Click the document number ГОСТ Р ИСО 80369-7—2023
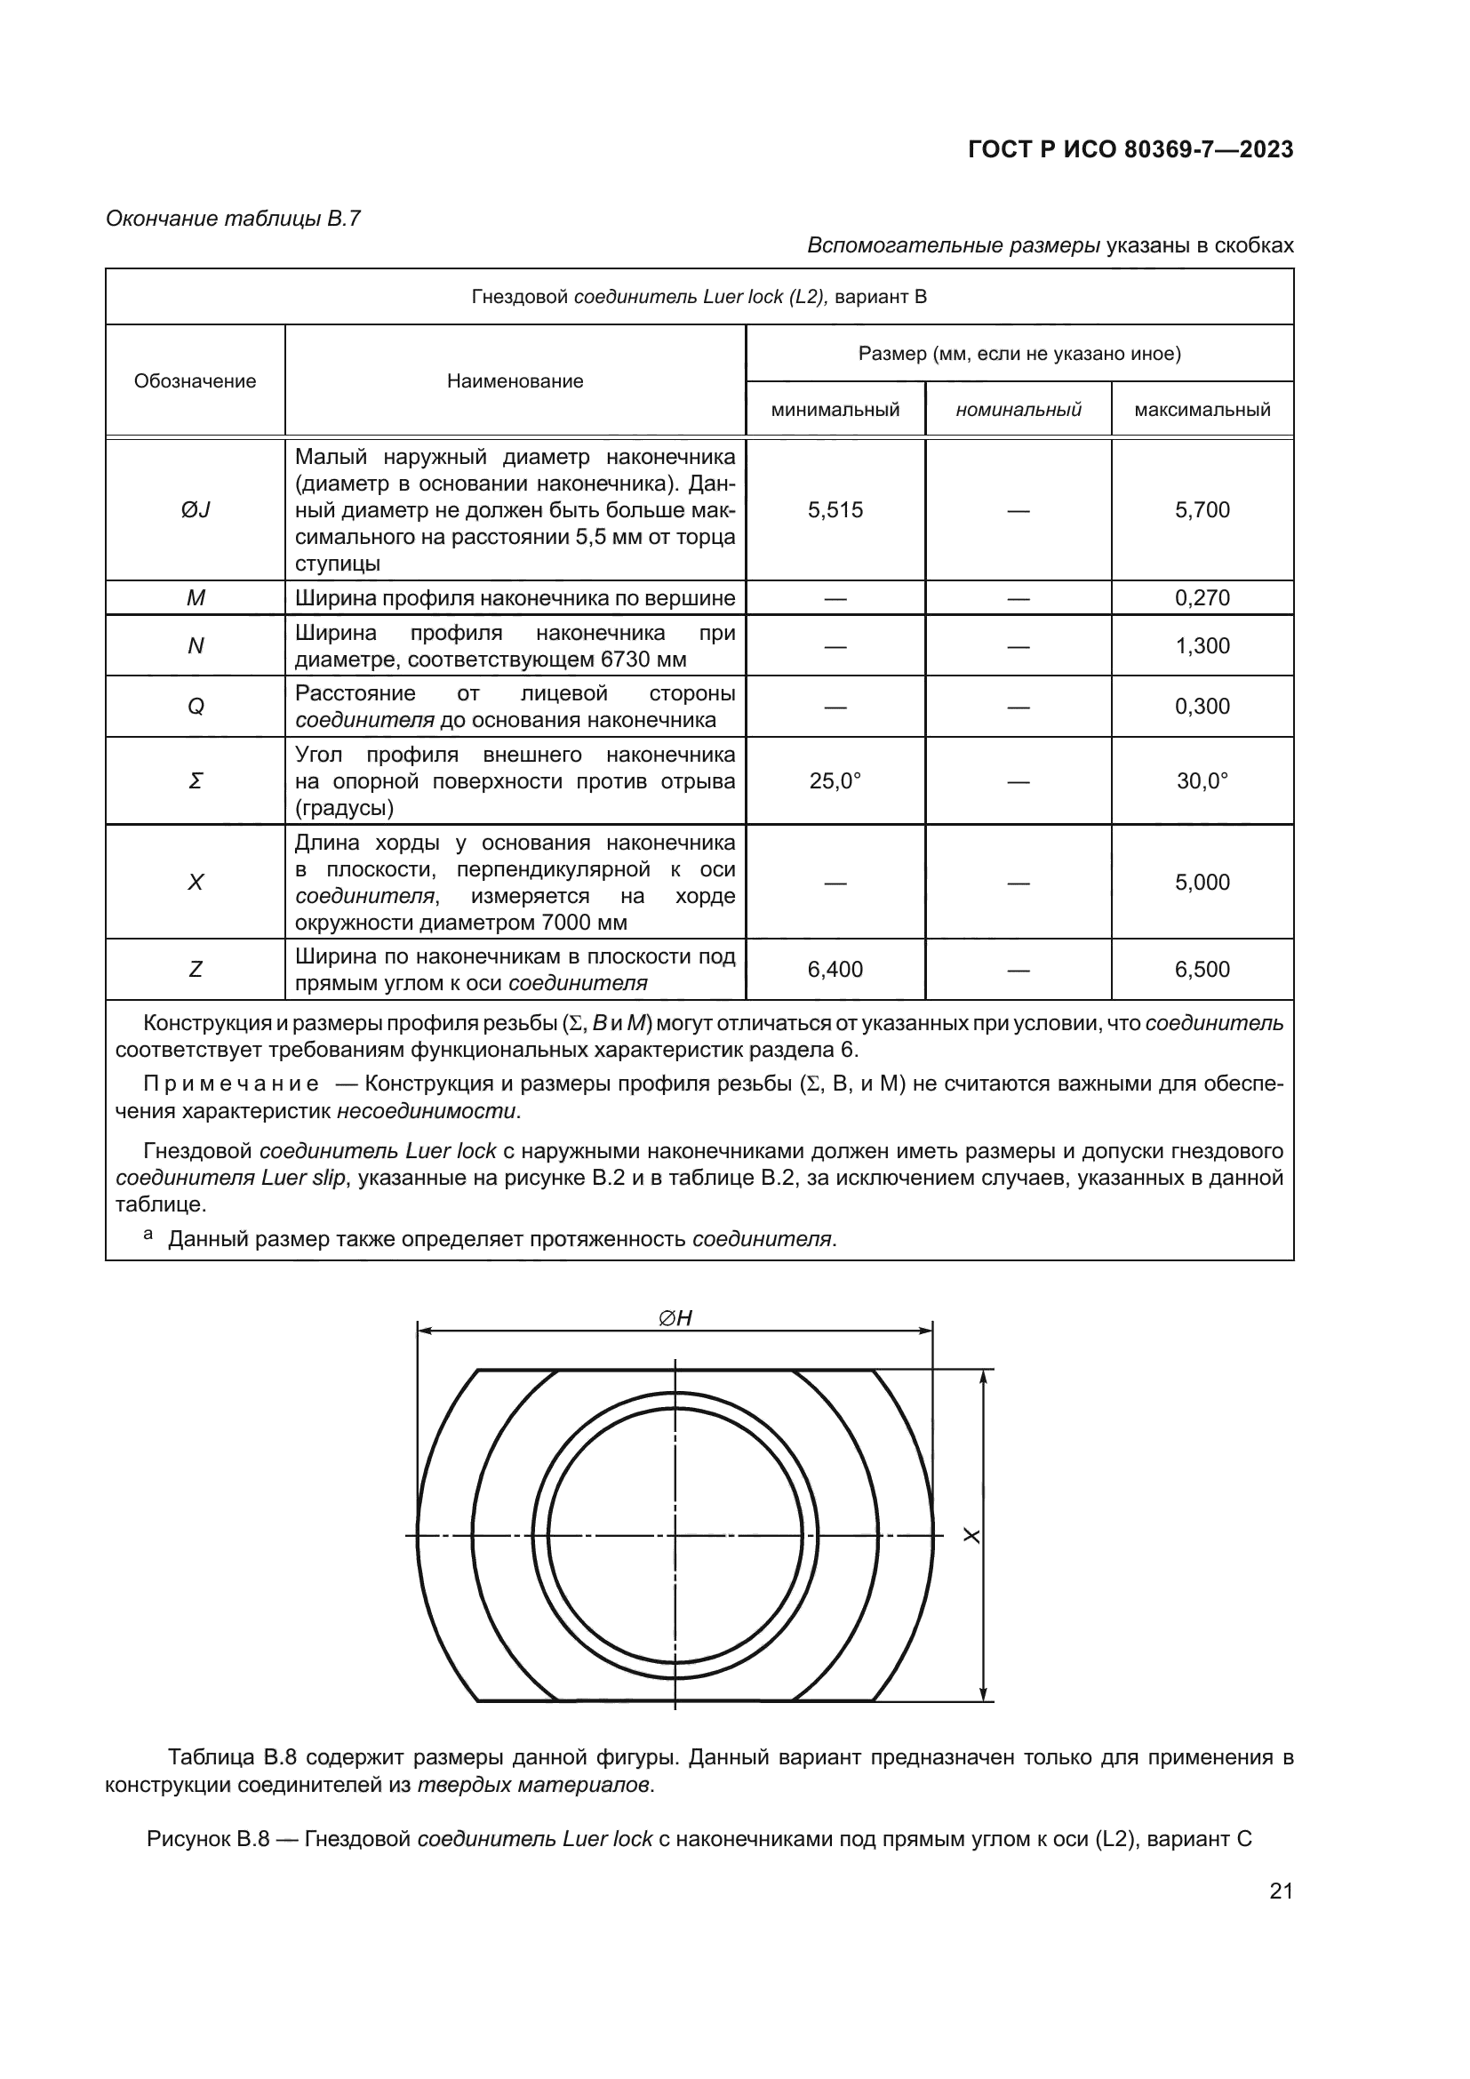[x=1130, y=149]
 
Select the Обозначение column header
[x=195, y=381]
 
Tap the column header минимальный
[x=835, y=410]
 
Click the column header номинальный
[x=1018, y=410]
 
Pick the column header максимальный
[x=1202, y=410]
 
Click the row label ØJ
[x=195, y=511]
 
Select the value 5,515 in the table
[x=835, y=511]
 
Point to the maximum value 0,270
[x=1202, y=598]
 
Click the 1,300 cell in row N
[x=1202, y=646]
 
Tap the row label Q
[x=195, y=708]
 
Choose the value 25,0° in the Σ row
[x=835, y=781]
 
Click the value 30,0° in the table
[x=1202, y=781]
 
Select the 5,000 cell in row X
[x=1202, y=883]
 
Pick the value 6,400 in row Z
[x=835, y=970]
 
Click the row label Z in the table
[x=195, y=970]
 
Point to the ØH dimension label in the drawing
[x=675, y=1318]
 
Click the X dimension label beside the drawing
[x=972, y=1536]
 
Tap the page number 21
[x=1281, y=1891]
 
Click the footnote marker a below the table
[x=148, y=1235]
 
